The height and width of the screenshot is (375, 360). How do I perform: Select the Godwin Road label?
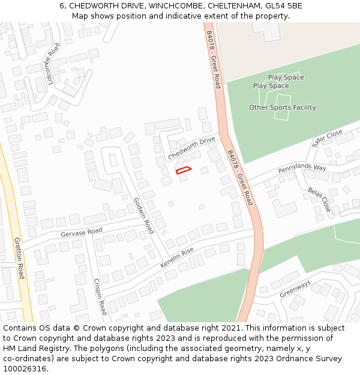pos(144,216)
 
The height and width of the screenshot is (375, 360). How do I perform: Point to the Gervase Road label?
pos(82,232)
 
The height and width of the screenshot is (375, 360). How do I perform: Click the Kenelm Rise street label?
pos(177,257)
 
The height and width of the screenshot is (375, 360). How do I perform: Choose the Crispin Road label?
pos(100,296)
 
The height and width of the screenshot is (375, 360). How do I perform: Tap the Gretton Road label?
pos(19,258)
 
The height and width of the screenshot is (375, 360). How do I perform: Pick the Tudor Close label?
pos(327,138)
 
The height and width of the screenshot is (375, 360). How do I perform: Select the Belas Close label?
pos(319,199)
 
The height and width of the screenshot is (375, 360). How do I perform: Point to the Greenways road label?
pos(295,289)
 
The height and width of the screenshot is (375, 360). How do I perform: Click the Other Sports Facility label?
pos(282,107)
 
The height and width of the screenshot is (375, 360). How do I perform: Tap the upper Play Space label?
pos(286,77)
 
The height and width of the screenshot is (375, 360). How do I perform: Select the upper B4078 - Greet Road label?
pos(214,59)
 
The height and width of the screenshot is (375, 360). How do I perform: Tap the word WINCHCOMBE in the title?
pos(175,6)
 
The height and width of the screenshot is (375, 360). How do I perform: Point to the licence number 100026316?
pos(25,368)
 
